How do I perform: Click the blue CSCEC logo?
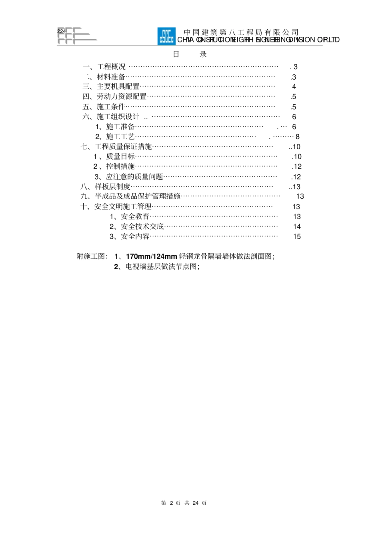click(166, 36)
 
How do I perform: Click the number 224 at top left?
click(61, 31)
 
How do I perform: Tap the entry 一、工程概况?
click(104, 67)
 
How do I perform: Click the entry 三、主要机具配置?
click(111, 87)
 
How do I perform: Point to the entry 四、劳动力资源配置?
click(114, 97)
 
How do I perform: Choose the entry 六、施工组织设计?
click(111, 117)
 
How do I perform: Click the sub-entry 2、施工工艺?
click(115, 137)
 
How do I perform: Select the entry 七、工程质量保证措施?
click(116, 147)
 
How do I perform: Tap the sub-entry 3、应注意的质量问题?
click(129, 177)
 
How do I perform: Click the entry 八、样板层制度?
click(106, 187)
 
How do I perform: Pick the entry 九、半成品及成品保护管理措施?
click(130, 196)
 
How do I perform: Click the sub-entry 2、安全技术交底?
click(137, 226)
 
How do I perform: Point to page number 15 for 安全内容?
click(297, 236)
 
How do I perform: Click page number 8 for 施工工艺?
click(297, 137)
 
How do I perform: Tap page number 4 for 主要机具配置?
click(294, 87)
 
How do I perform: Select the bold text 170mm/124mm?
click(151, 256)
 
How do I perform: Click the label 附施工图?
click(91, 256)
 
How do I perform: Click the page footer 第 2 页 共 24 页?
click(184, 503)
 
